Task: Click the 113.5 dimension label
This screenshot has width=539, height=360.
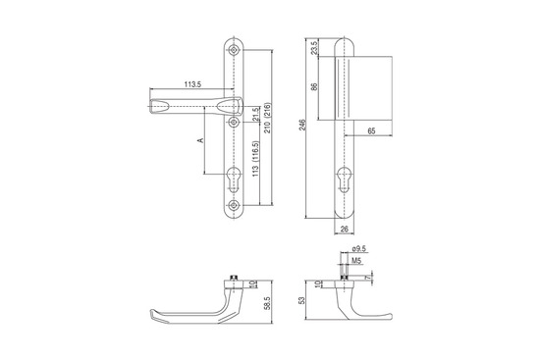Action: tap(192, 84)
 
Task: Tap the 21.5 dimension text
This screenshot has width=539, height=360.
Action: tap(254, 115)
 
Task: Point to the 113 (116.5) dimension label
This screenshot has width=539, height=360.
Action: tap(255, 159)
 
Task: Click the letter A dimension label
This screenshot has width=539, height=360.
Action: tap(200, 140)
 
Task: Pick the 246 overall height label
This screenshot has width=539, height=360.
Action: tap(302, 125)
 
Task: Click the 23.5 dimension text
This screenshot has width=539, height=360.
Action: tap(314, 48)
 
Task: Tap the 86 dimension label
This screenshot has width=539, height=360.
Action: tap(314, 86)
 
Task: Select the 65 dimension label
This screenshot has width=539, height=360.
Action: tap(371, 130)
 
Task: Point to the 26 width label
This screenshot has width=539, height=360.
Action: tap(344, 229)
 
